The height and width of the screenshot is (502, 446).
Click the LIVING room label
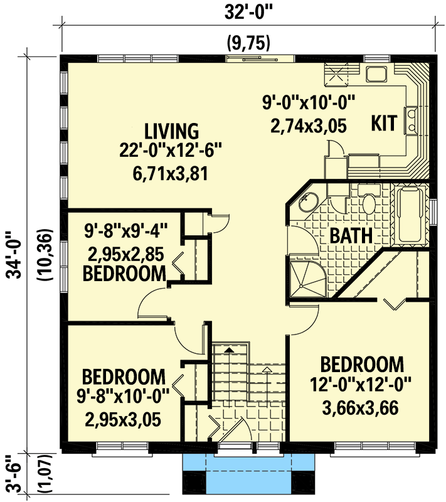tap(171, 131)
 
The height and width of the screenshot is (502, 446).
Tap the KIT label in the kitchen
tap(383, 123)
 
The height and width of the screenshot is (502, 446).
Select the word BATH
tap(351, 236)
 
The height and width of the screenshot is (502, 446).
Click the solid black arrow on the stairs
tap(230, 349)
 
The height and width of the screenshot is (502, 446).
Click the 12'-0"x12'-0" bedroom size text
tap(362, 383)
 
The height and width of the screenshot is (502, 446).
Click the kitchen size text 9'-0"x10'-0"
tap(309, 100)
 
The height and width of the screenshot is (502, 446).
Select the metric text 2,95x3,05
tap(124, 416)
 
